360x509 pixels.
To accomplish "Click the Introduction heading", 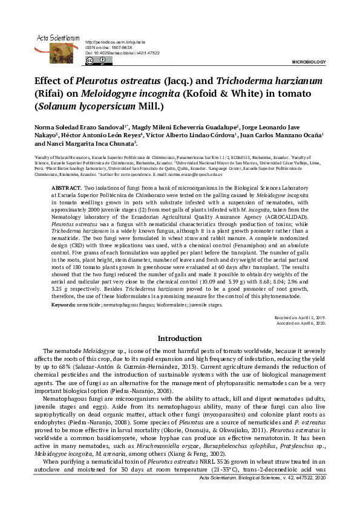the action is [180, 339].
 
